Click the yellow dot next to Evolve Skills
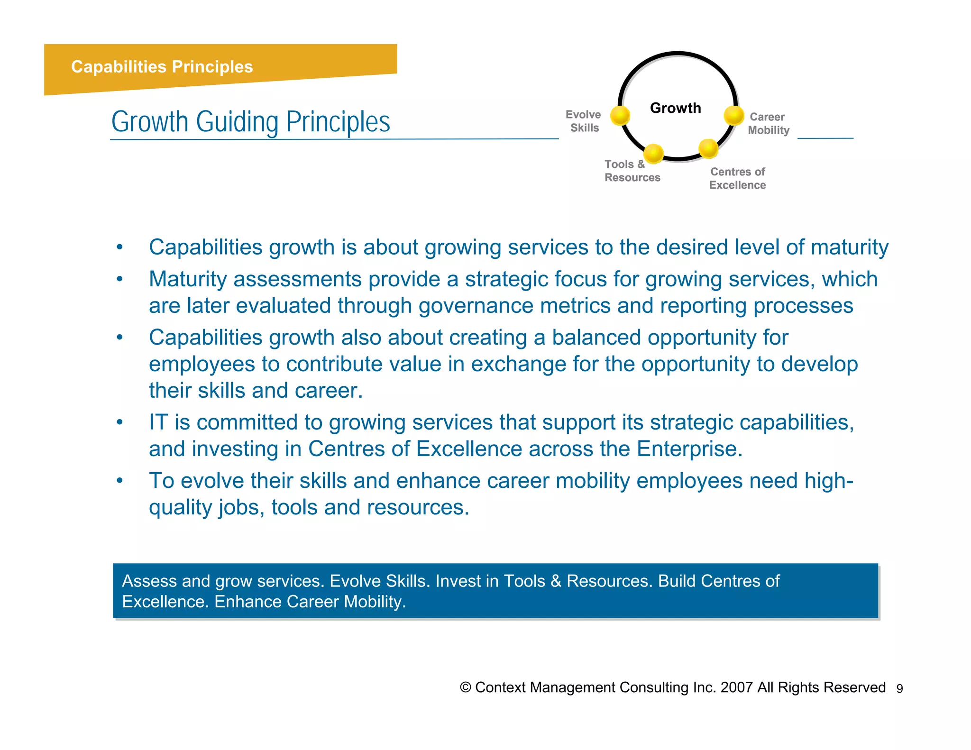tap(620, 115)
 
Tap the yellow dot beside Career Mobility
tap(734, 115)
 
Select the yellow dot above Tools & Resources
tap(653, 153)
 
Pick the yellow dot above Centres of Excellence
tap(708, 148)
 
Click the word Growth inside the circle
tap(675, 108)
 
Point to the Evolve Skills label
tap(584, 121)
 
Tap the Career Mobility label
tap(768, 123)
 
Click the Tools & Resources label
tap(632, 171)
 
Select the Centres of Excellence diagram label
tap(737, 178)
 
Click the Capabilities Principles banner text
tap(162, 67)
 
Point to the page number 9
tap(899, 689)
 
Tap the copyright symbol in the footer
tap(466, 687)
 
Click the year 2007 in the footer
tap(736, 687)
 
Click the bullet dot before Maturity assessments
tap(120, 279)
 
